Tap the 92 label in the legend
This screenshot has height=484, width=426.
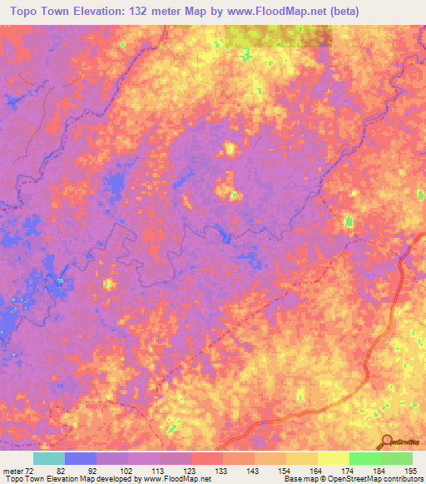92,470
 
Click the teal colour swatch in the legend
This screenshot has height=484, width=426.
48,458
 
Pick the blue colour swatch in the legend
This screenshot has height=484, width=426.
81,458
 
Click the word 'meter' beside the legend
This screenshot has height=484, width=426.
11,470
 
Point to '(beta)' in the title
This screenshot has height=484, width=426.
344,11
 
